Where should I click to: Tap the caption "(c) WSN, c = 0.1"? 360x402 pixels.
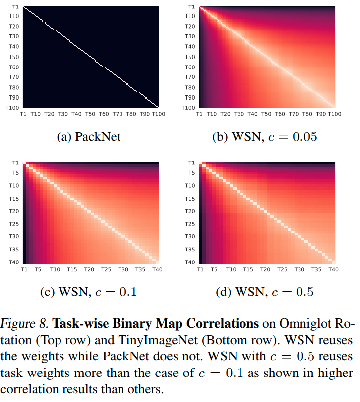(88, 292)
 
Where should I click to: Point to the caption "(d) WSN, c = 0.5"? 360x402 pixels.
(265, 292)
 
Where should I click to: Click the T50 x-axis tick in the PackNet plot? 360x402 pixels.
(89, 114)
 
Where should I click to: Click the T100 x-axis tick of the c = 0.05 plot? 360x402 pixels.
(335, 114)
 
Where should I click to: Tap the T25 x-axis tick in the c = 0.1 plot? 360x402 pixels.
(106, 269)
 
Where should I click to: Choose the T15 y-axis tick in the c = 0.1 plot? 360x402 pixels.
(14, 199)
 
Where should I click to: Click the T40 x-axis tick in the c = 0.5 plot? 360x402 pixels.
(333, 269)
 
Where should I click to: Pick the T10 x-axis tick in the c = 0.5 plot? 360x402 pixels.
(231, 269)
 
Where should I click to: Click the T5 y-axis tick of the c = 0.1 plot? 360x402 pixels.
(15, 173)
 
